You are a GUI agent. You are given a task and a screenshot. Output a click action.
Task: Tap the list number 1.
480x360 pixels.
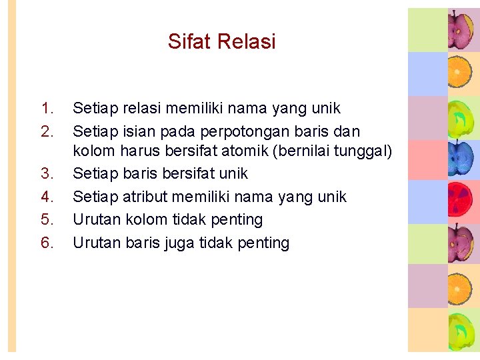[47, 108]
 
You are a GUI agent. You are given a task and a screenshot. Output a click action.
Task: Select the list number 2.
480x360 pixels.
[47, 131]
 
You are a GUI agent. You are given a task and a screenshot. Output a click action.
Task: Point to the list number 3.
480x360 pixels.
[47, 173]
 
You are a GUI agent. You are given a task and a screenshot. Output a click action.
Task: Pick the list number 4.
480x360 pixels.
[47, 197]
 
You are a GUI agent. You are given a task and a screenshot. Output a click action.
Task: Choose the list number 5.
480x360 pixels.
[47, 219]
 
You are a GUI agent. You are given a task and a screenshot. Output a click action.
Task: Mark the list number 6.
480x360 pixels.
[47, 243]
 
